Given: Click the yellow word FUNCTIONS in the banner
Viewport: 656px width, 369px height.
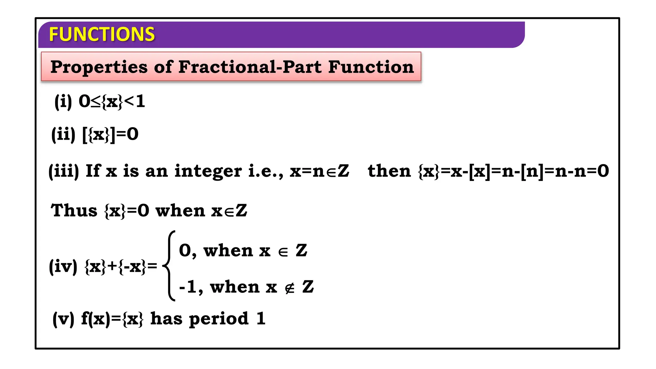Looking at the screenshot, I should (x=102, y=34).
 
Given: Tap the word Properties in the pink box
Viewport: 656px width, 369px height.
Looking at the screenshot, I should (x=99, y=67).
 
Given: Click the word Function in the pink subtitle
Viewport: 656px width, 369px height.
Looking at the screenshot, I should (x=371, y=67).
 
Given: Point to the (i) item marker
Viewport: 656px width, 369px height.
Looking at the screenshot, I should (x=63, y=102).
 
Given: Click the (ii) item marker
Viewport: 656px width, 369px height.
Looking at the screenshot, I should (x=63, y=134).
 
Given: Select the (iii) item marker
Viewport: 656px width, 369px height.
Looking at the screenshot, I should (x=63, y=171).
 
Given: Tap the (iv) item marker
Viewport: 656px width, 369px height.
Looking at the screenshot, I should (x=63, y=266).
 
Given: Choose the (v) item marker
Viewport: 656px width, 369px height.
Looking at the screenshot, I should (x=63, y=319).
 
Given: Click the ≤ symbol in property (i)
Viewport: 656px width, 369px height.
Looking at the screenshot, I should (x=95, y=102).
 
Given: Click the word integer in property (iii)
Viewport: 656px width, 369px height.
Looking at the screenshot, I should (x=208, y=171).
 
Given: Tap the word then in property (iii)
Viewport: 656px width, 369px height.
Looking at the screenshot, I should (x=389, y=171).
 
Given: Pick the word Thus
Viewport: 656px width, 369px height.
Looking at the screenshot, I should (x=74, y=211).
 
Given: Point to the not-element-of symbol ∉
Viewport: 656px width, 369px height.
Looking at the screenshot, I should (x=289, y=288).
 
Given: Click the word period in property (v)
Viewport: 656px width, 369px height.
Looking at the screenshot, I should (x=219, y=319).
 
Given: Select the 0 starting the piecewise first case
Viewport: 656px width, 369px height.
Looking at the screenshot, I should (x=185, y=250).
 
